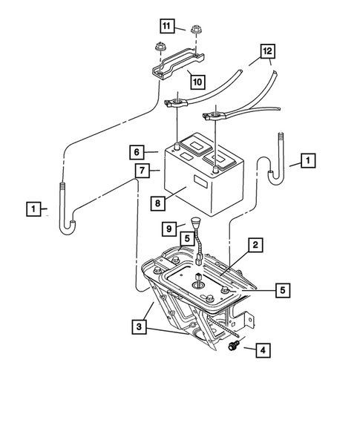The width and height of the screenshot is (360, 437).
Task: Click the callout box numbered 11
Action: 166,27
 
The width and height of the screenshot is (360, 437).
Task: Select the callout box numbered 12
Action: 266,51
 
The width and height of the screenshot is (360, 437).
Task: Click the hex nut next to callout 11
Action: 196,30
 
